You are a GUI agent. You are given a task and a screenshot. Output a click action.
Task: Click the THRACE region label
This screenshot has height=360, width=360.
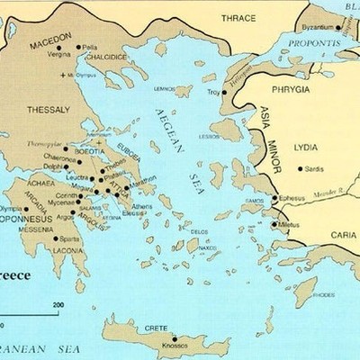click(x=238, y=17)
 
